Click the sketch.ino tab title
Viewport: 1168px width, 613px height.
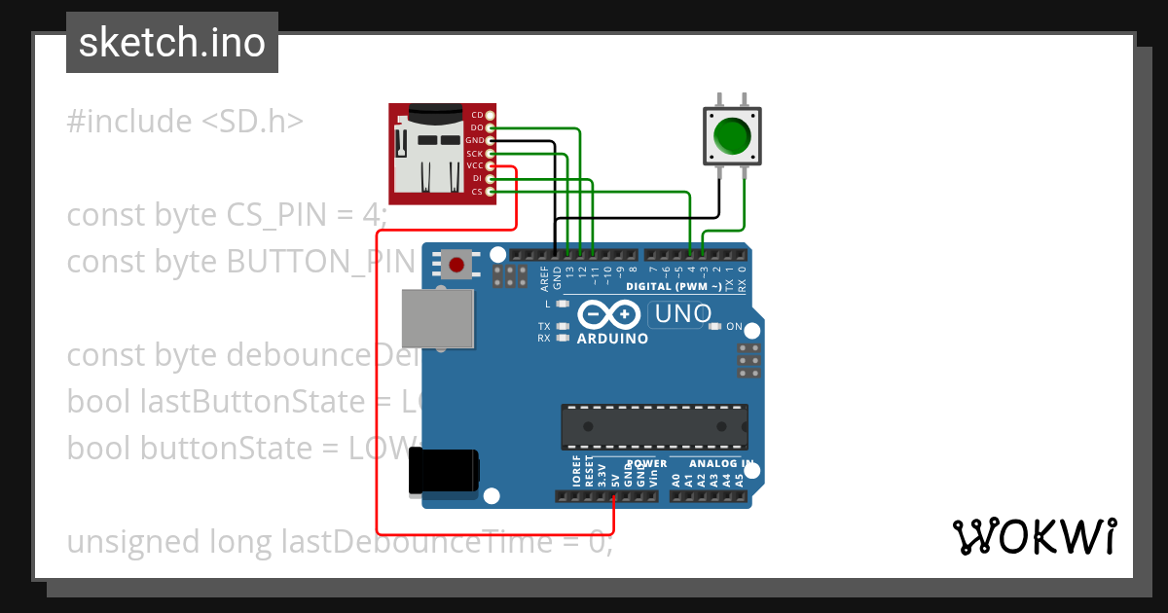(172, 43)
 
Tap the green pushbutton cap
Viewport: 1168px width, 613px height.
(732, 135)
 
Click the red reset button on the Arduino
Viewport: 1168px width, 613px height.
(456, 262)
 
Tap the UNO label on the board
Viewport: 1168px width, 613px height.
(682, 314)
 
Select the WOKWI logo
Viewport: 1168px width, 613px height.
(1034, 537)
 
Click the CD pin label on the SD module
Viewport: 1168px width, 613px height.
(477, 115)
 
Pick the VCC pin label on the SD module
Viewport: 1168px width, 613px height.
(475, 165)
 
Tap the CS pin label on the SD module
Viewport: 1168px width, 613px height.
(477, 192)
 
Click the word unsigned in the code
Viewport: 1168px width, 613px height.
(133, 541)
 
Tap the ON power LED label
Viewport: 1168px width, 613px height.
(734, 327)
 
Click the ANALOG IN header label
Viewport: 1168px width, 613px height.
(721, 464)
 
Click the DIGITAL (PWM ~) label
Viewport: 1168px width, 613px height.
(673, 286)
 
